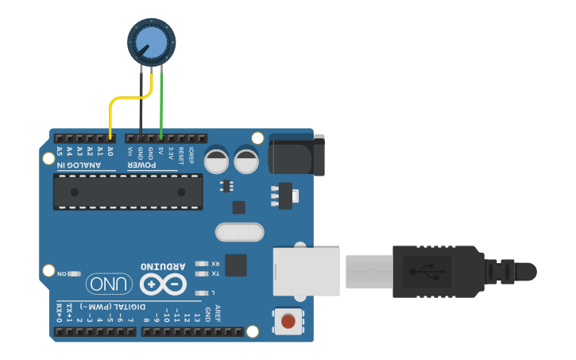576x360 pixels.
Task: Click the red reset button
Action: pyautogui.click(x=288, y=322)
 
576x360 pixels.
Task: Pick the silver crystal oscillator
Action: pyautogui.click(x=239, y=232)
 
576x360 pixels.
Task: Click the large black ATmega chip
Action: pyautogui.click(x=127, y=192)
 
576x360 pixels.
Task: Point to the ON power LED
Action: pyautogui.click(x=74, y=273)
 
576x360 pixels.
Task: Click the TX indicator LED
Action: pyautogui.click(x=201, y=273)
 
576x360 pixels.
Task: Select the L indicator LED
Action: pyautogui.click(x=201, y=293)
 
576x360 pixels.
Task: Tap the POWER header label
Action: pyautogui.click(x=151, y=165)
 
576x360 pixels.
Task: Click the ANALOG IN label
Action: pyautogui.click(x=79, y=165)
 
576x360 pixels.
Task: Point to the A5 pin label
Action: pyautogui.click(x=60, y=151)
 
